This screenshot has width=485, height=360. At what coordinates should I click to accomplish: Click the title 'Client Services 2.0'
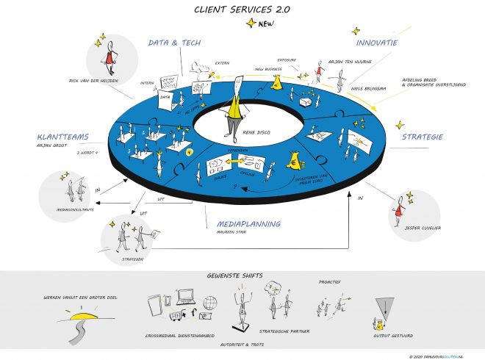click(242, 9)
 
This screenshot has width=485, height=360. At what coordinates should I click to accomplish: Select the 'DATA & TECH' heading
click(175, 43)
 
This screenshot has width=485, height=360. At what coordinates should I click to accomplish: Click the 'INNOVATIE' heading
click(372, 43)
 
